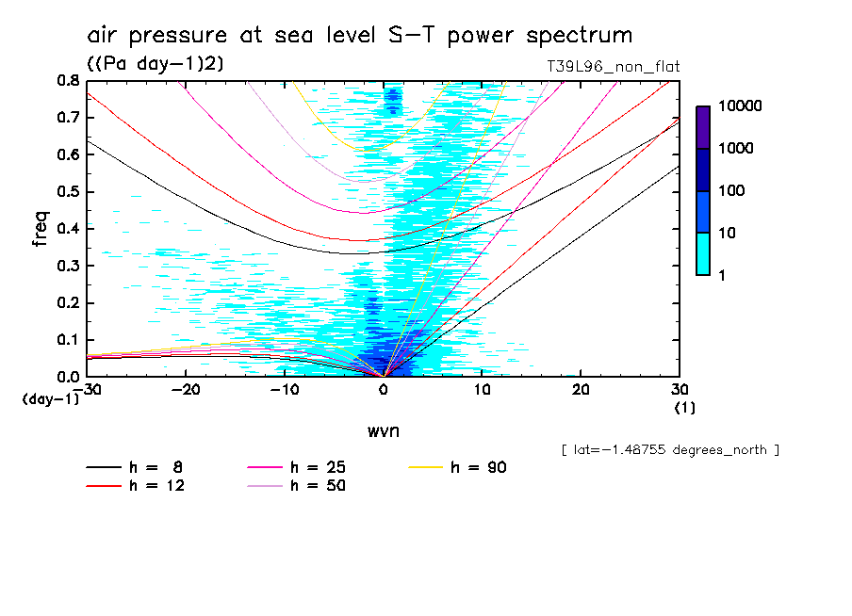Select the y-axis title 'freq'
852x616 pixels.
[x=41, y=228]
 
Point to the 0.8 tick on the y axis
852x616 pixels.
[x=68, y=82]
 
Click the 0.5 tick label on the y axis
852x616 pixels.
[x=68, y=192]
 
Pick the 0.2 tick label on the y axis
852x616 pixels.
[x=68, y=302]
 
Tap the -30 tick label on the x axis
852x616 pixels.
[x=86, y=389]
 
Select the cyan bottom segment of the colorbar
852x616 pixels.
[x=703, y=253]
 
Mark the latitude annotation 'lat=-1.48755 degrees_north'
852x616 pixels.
[x=669, y=450]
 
